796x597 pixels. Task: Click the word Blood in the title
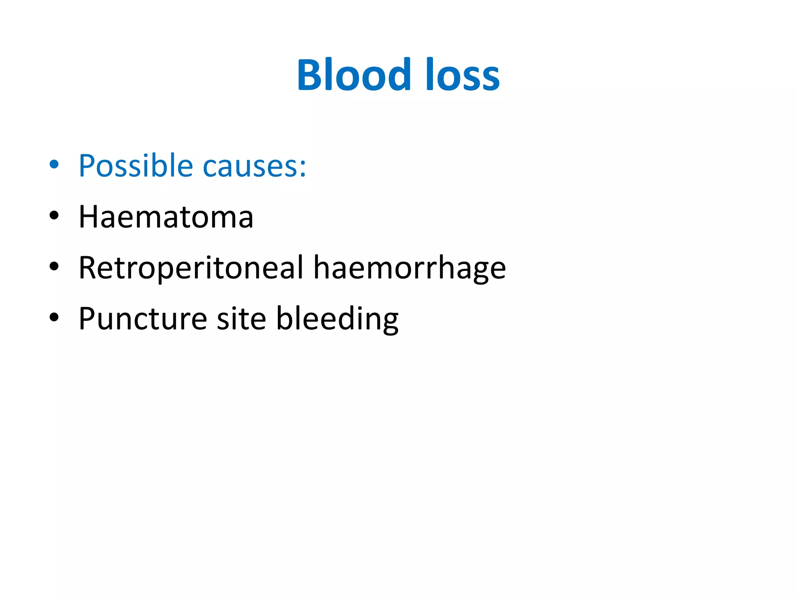[x=354, y=75]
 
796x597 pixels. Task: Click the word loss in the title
[x=463, y=75]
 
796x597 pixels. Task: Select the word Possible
[x=136, y=166]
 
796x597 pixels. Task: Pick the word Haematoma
[x=166, y=217]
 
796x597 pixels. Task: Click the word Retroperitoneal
[x=191, y=268]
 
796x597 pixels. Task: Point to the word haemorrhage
[x=410, y=269]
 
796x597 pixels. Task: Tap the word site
[x=241, y=319]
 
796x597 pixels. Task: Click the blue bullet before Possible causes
[x=54, y=164]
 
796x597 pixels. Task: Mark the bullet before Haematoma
[x=54, y=215]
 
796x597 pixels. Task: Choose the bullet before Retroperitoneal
[x=54, y=266]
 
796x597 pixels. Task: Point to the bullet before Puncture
[x=54, y=317]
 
